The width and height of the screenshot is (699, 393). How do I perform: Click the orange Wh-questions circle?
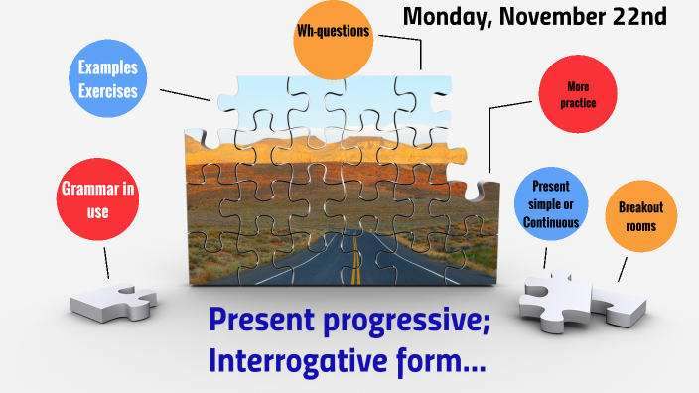coord(333,34)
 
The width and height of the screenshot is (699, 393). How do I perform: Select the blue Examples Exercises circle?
coord(108,80)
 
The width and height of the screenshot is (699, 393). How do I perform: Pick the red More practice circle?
coord(576,94)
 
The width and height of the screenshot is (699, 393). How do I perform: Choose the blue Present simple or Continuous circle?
coord(551,205)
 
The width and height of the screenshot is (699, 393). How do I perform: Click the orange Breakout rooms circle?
coord(640,215)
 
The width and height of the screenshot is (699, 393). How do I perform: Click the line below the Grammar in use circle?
coord(106,260)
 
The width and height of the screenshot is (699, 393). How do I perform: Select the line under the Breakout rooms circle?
coord(623,267)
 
